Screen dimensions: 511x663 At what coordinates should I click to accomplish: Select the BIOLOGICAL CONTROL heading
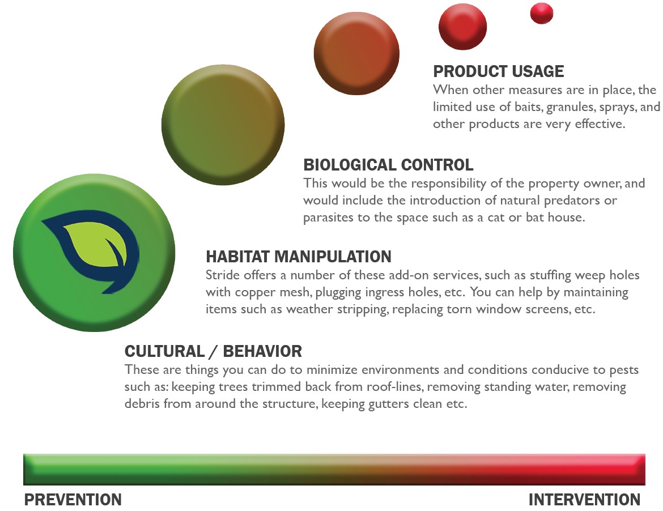[x=388, y=165]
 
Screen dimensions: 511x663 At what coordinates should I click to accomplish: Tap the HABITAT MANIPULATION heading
[x=298, y=257]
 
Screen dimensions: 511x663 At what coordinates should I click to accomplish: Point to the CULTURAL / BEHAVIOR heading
[x=213, y=351]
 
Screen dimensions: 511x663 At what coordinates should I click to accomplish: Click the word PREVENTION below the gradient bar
[x=73, y=500]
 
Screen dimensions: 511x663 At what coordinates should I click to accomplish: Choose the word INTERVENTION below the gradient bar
[x=584, y=500]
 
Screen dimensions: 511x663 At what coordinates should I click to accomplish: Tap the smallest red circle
[x=542, y=14]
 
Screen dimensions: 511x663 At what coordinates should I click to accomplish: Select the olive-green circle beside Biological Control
[x=223, y=125]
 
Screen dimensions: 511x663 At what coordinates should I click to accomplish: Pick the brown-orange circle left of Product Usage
[x=356, y=53]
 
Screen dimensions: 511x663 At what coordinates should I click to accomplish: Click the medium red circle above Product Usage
[x=462, y=26]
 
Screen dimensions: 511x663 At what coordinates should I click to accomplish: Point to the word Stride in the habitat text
[x=220, y=275]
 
